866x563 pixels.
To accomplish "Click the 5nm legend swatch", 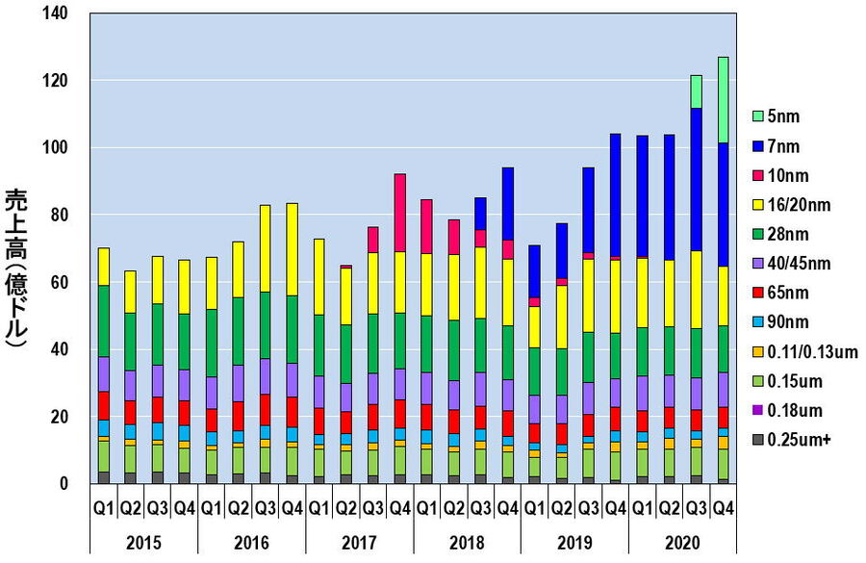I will tap(759, 116).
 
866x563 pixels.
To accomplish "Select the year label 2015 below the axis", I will tap(143, 541).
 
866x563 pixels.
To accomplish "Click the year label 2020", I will tap(682, 541).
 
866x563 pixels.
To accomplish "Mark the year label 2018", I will tap(467, 541).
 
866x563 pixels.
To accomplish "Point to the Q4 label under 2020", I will tap(723, 505).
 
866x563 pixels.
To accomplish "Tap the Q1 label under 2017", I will tap(318, 505).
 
